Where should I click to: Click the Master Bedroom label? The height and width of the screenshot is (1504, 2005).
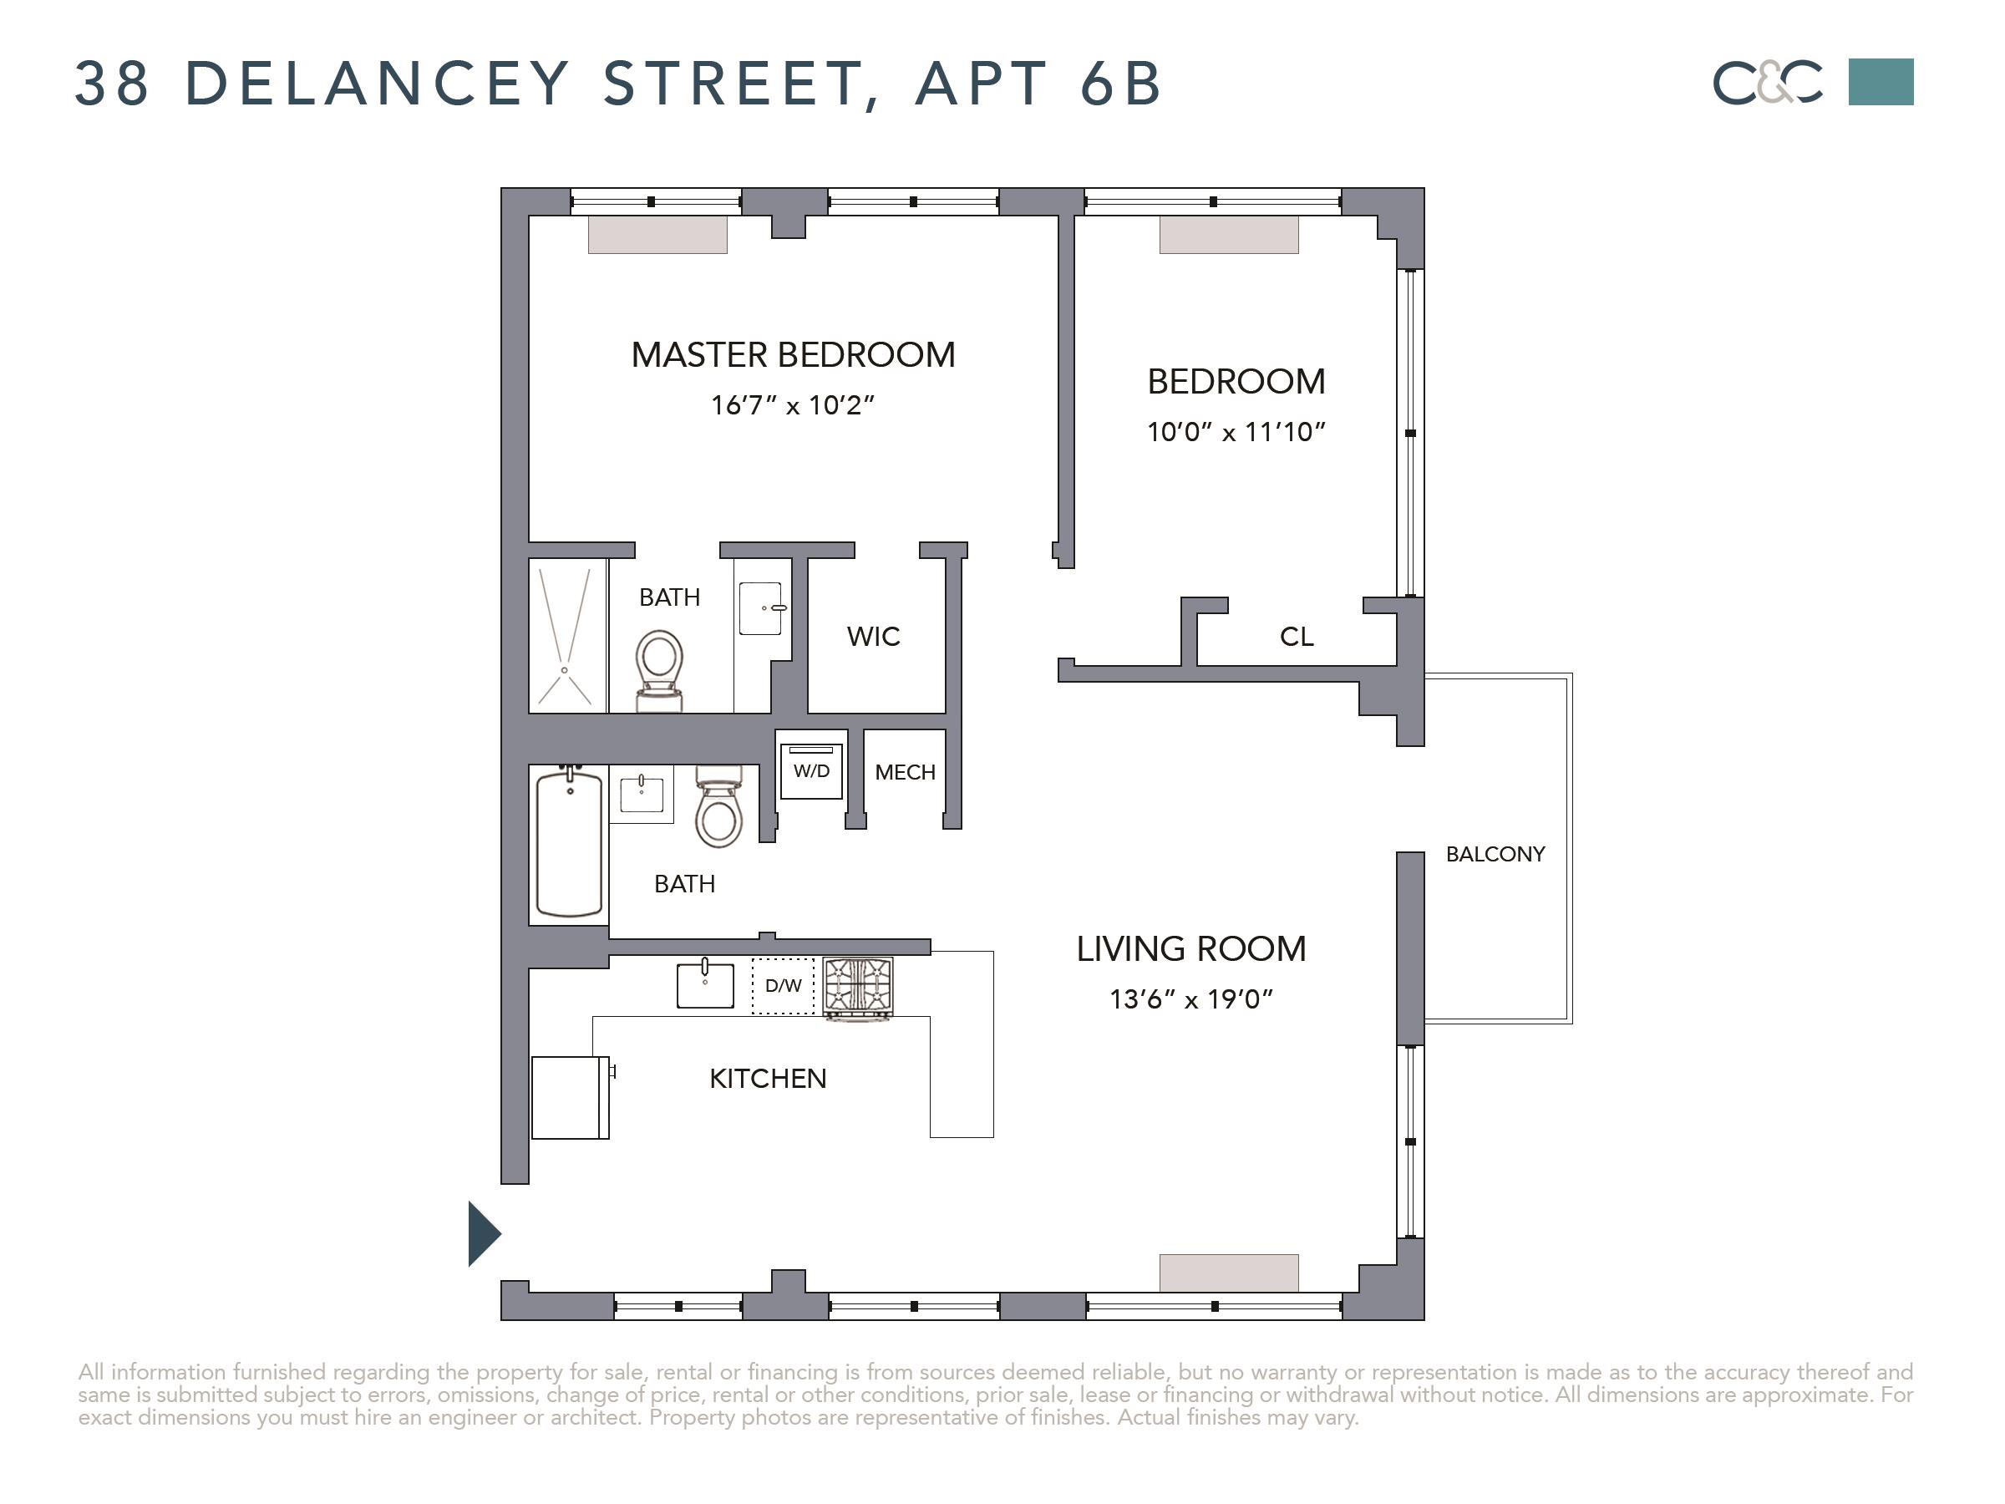point(793,354)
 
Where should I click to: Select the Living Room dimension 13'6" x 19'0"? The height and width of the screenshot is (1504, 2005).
point(1191,999)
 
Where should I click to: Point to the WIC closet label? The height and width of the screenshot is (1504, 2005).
point(874,637)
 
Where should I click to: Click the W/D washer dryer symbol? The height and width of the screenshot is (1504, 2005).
point(811,770)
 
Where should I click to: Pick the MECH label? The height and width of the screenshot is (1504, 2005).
point(905,772)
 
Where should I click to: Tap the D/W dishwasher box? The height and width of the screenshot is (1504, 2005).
point(783,985)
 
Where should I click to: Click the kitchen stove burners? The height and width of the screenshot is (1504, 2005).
point(857,985)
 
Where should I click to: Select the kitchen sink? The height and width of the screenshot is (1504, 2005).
point(705,983)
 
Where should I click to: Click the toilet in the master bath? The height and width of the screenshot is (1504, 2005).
point(659,671)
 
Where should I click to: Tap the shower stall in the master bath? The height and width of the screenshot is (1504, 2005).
point(567,636)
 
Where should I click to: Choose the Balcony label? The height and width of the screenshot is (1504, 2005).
point(1495,854)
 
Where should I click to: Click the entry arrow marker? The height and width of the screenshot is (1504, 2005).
point(483,1233)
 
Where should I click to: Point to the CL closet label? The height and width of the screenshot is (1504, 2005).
point(1297,637)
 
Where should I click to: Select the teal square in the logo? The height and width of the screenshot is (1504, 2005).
point(1881,82)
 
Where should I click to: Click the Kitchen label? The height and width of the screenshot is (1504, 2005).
point(768,1078)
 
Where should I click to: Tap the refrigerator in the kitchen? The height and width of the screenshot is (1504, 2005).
point(571,1097)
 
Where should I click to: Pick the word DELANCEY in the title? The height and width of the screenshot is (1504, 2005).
point(377,84)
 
